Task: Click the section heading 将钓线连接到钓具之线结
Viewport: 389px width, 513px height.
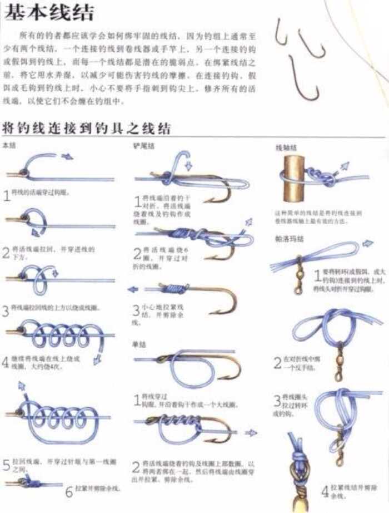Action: pos(86,128)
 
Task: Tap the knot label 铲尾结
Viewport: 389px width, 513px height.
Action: pos(143,146)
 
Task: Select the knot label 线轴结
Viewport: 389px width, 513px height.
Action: pos(286,148)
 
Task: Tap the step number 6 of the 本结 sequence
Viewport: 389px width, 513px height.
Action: pos(69,491)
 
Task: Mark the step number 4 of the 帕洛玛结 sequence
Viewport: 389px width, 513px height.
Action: pos(325,491)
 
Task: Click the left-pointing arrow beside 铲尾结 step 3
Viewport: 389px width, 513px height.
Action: pos(132,289)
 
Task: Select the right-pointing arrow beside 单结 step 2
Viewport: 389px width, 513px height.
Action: pos(251,432)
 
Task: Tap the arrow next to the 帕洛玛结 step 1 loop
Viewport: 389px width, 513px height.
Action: pos(367,244)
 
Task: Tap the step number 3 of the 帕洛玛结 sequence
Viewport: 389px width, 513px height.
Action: pos(276,400)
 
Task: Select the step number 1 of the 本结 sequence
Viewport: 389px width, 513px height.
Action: pos(7,195)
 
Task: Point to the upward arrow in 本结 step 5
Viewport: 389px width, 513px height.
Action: pos(22,385)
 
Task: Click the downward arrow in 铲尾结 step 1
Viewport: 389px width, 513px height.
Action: pos(188,165)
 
